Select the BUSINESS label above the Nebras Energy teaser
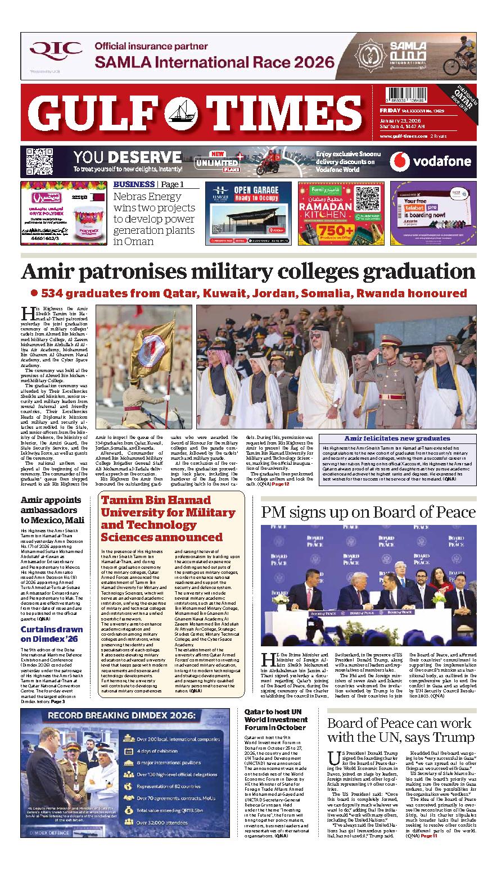tap(134, 184)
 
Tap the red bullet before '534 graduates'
tap(34, 293)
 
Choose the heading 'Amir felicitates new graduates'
tap(397, 439)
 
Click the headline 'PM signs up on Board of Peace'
tap(368, 512)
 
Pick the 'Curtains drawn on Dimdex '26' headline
tap(52, 634)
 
